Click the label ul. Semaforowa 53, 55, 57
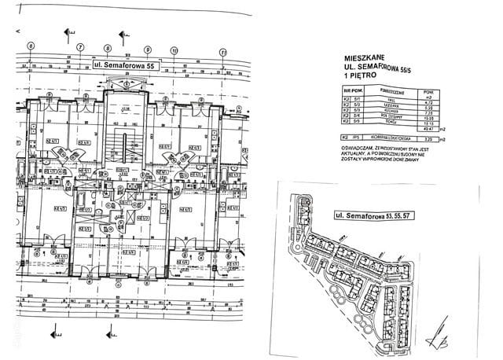tap(373, 214)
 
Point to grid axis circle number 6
tap(32, 46)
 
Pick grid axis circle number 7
tap(81, 46)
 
